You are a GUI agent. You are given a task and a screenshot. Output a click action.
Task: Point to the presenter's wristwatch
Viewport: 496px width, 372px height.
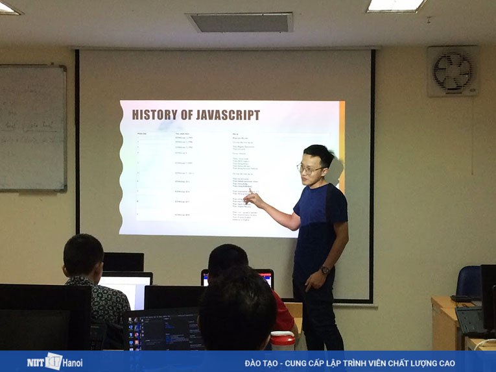(x=325, y=270)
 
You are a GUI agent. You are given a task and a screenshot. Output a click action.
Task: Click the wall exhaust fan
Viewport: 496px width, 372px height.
(x=453, y=71)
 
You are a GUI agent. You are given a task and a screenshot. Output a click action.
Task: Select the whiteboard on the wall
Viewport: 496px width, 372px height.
(x=32, y=128)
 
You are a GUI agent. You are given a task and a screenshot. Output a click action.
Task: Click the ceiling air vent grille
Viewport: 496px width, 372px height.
(x=241, y=23)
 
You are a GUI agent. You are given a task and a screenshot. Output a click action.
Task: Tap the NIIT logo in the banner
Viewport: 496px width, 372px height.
(x=45, y=362)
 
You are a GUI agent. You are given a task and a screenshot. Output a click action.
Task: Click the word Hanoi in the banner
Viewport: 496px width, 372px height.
(x=73, y=362)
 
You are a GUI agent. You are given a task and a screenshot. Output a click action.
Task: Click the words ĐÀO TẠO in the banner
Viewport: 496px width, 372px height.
(x=263, y=363)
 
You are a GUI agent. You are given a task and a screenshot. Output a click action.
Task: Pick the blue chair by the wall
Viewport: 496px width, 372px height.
(x=468, y=282)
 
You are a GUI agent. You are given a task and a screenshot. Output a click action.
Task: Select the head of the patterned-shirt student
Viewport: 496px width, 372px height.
(x=82, y=255)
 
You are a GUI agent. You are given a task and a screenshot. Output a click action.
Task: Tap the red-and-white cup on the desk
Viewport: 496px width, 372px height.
(x=283, y=340)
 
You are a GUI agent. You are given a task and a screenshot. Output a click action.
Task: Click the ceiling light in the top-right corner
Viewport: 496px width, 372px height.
(x=396, y=6)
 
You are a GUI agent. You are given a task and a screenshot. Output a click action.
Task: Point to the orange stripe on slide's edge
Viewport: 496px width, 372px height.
(x=342, y=146)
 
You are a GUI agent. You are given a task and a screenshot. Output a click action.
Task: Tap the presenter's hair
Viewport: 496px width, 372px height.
(x=318, y=155)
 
